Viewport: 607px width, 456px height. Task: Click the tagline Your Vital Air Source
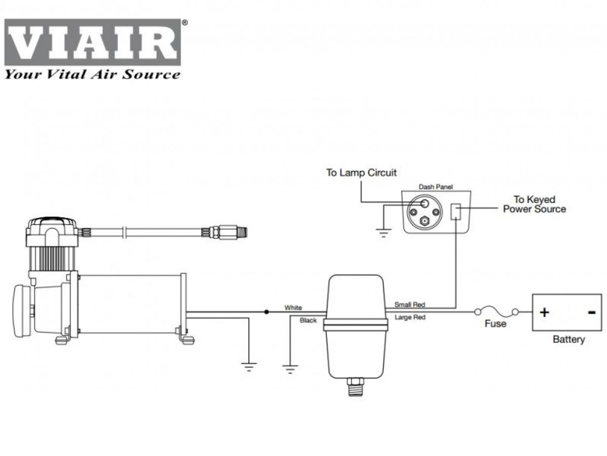(92, 74)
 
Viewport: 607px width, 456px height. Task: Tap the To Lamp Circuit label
(361, 173)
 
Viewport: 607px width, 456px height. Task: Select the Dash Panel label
(436, 187)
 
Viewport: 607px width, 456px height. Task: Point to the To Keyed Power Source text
(534, 204)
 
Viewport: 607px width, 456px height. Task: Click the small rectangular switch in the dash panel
(456, 211)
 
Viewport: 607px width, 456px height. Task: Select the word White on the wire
(293, 307)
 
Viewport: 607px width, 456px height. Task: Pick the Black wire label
(308, 320)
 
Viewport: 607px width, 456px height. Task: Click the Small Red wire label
(410, 305)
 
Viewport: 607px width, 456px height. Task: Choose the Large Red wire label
(410, 317)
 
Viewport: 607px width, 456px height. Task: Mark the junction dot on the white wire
(267, 312)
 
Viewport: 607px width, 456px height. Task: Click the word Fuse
(495, 324)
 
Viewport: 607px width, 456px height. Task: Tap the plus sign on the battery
(544, 312)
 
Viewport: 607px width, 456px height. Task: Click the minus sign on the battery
(592, 312)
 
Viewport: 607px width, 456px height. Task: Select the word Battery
(569, 339)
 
